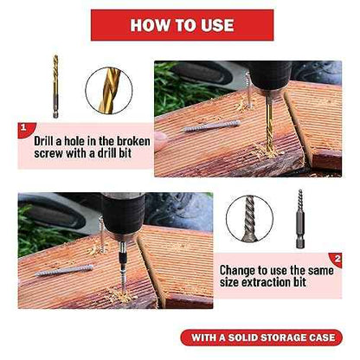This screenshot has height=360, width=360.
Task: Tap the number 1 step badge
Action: [25, 129]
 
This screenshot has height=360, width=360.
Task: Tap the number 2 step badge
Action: [336, 260]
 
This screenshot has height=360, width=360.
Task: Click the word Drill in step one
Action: [43, 141]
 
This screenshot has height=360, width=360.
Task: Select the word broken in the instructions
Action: [133, 141]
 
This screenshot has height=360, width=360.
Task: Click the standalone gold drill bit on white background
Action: [55, 87]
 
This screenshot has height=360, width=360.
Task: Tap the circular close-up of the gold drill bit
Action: [109, 91]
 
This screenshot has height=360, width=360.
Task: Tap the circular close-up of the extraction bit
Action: [249, 218]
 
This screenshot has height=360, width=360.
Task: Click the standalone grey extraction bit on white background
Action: [300, 219]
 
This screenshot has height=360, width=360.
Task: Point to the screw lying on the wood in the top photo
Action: [212, 126]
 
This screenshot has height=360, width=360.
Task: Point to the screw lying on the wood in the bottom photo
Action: [64, 270]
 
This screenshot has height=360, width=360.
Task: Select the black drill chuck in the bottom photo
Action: [123, 214]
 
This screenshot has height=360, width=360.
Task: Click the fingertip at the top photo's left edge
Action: [160, 140]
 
